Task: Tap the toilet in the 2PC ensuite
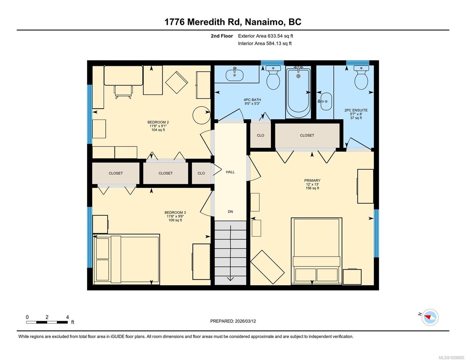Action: (x=361, y=77)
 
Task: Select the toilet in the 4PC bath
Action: (x=273, y=77)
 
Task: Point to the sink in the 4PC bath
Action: (x=234, y=74)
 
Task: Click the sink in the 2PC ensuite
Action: (x=326, y=101)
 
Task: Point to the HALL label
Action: (x=230, y=172)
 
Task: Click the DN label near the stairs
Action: (x=230, y=211)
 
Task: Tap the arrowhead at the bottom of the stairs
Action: (x=230, y=279)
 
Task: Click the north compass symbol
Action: (x=430, y=317)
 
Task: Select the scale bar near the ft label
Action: (x=47, y=322)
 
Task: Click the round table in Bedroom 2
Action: (x=202, y=115)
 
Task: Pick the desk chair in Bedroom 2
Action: (x=123, y=92)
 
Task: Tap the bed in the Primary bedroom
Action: (x=316, y=251)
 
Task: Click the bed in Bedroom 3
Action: (x=127, y=259)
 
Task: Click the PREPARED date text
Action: (x=233, y=321)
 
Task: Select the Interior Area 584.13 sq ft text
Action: (x=265, y=43)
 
